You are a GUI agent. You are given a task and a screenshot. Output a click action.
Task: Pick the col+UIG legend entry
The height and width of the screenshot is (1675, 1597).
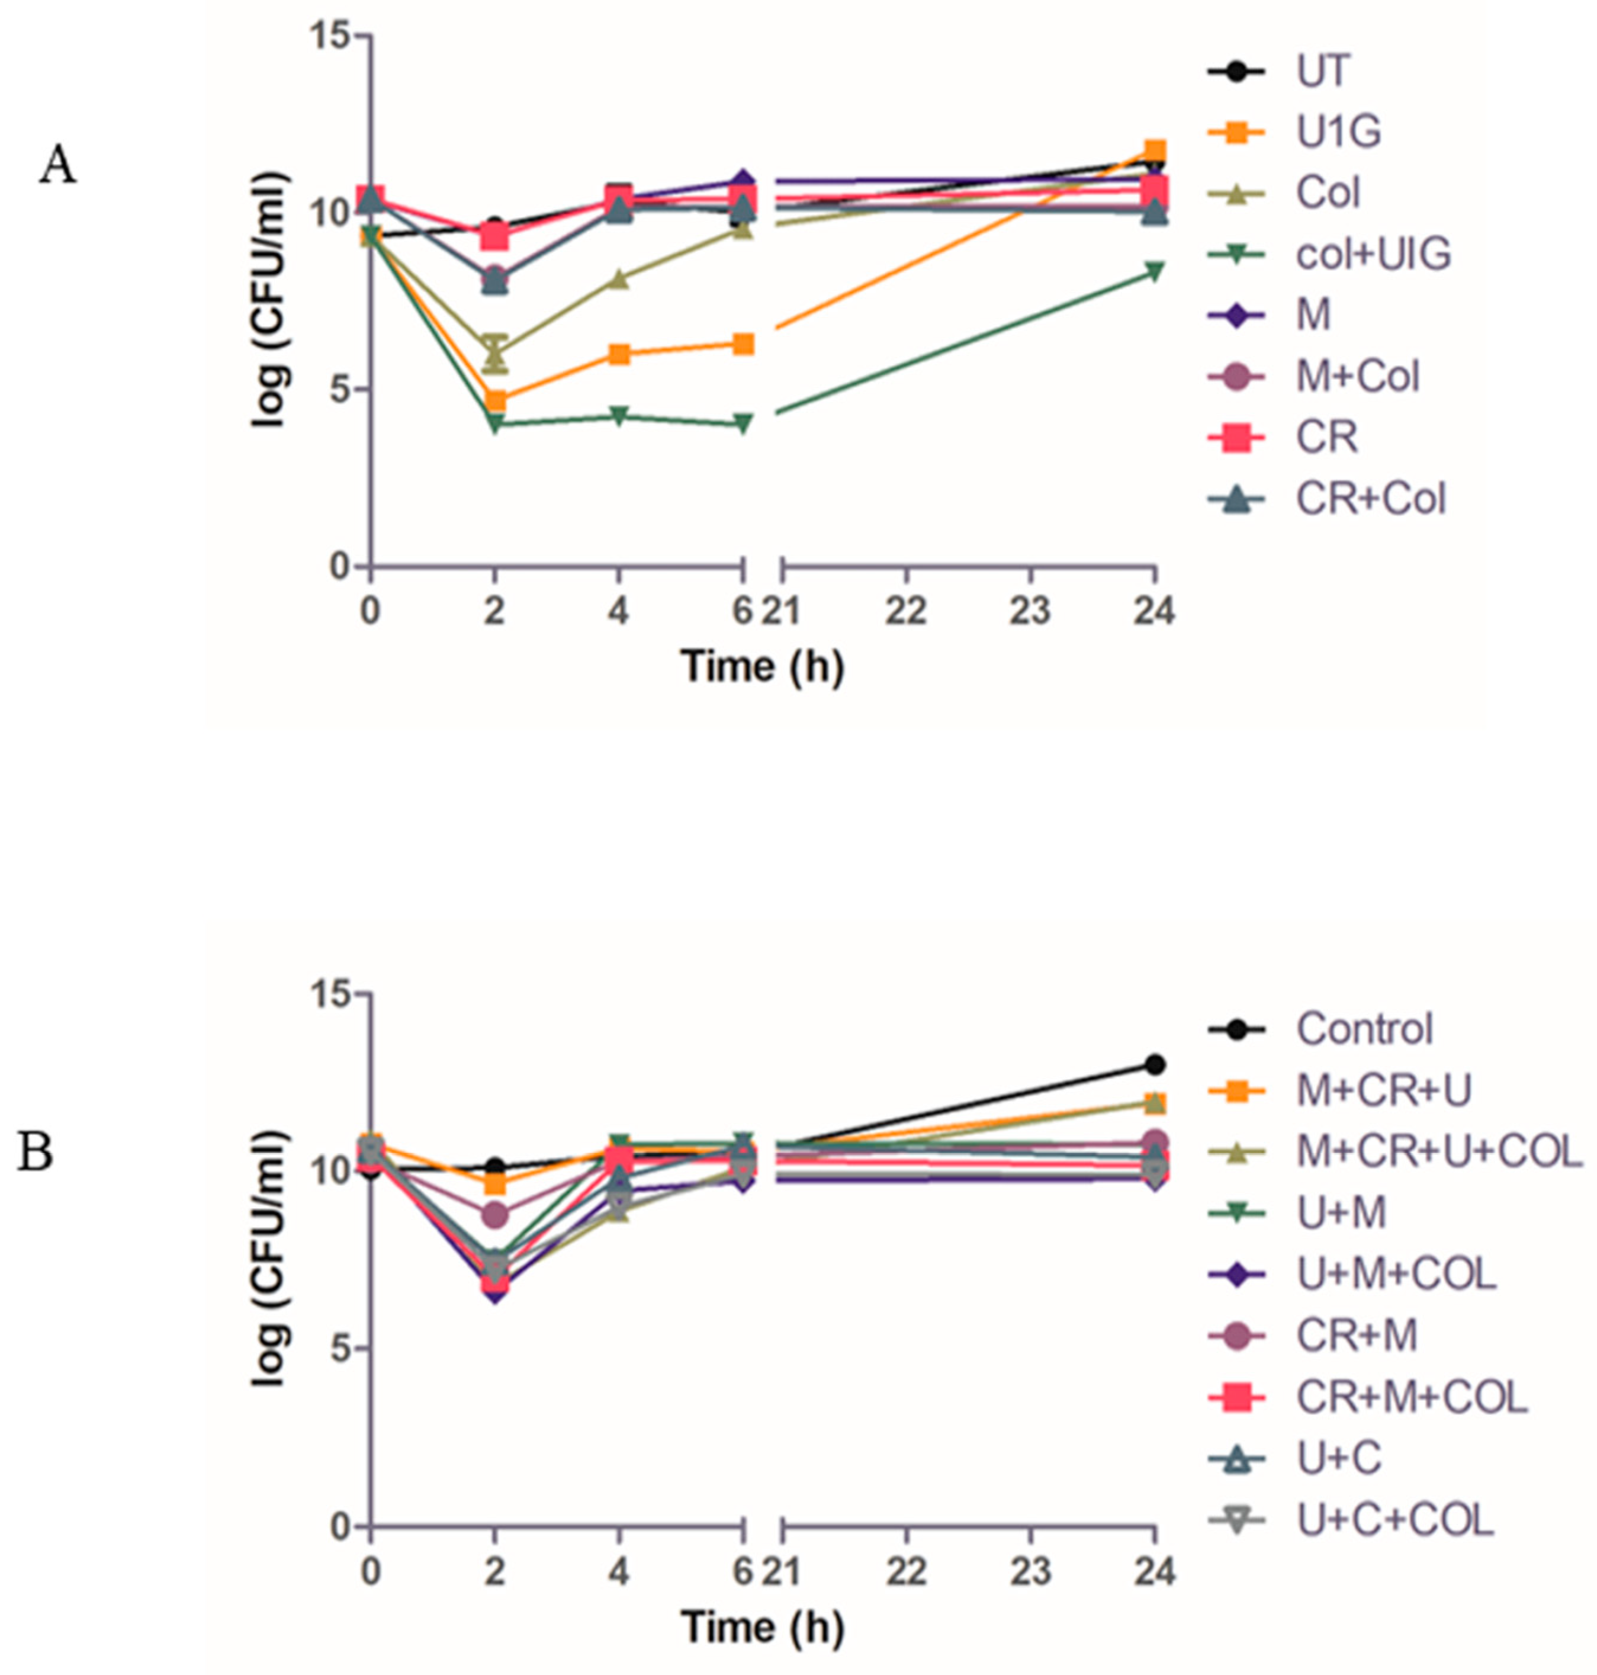[x=1372, y=254]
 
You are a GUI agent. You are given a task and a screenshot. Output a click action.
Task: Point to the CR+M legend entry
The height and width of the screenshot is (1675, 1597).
[x=1356, y=1335]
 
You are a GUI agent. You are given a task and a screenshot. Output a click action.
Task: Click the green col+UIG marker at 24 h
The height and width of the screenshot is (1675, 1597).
[x=1154, y=271]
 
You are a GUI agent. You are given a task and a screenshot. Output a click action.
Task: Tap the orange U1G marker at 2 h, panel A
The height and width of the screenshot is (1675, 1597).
[x=494, y=400]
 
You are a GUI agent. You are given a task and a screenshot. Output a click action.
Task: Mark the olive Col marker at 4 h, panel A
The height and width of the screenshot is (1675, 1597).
[x=619, y=280]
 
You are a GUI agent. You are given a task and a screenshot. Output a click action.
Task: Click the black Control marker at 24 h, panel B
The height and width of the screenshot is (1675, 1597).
[x=1154, y=1064]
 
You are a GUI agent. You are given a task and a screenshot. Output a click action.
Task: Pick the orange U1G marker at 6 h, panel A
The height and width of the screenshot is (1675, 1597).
[x=743, y=344]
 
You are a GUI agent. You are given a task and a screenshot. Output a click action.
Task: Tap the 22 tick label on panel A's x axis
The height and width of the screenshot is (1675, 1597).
[x=905, y=611]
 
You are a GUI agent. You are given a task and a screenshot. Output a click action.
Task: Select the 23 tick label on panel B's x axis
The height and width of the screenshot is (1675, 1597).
[x=1030, y=1571]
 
